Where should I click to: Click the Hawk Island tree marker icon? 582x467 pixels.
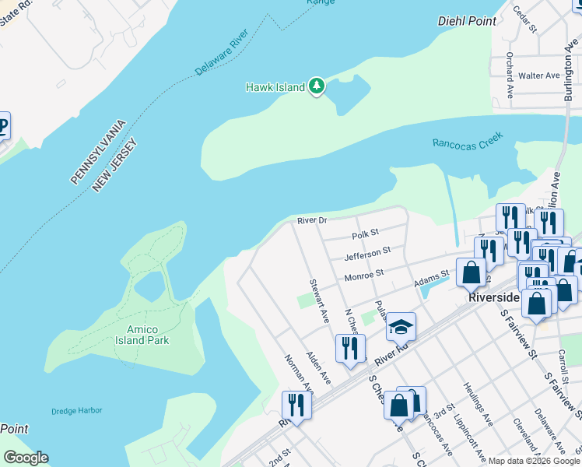pos(316,86)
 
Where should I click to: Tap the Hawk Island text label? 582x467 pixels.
pos(275,87)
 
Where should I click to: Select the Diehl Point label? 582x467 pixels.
pos(467,21)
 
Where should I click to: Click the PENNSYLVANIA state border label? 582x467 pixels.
pos(98,152)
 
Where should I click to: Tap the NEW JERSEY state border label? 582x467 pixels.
pos(114,165)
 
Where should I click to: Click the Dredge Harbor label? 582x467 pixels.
pos(77,411)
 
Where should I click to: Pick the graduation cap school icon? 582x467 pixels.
pos(401,327)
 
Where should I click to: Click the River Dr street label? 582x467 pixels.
pos(312,221)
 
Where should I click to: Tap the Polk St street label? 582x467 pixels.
pos(364,233)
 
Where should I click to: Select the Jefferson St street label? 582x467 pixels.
pos(366,253)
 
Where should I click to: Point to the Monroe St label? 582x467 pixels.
pos(364,275)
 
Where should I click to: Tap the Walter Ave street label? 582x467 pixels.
pos(539,75)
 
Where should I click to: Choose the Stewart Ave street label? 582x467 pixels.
pos(319,301)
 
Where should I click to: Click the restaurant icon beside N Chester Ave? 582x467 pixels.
pos(350,348)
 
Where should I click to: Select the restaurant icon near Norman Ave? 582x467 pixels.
pos(296,405)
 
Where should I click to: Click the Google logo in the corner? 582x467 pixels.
pos(26,457)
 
